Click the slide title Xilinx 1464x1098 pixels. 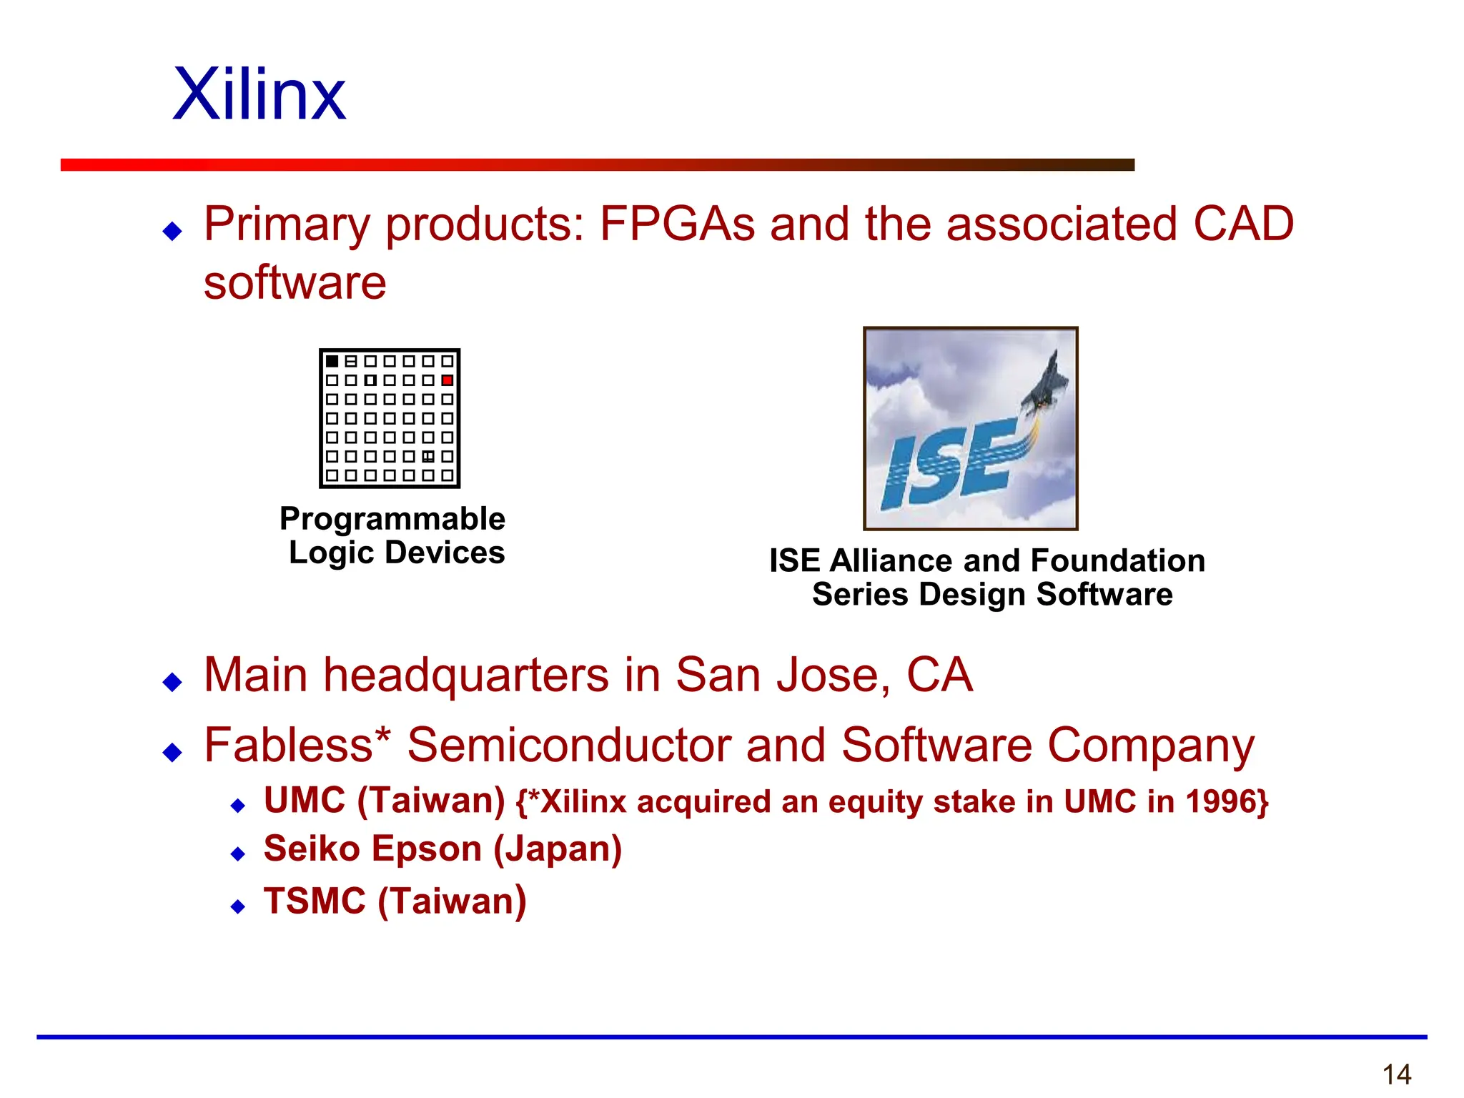(259, 95)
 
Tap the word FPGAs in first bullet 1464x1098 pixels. (677, 224)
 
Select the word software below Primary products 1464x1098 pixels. (295, 283)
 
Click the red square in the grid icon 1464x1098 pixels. (447, 380)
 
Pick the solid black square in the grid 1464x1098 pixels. (332, 362)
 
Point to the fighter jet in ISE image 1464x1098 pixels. (1046, 386)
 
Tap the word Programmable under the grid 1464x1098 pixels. (392, 520)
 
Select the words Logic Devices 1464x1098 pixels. (397, 553)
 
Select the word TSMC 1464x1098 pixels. (315, 901)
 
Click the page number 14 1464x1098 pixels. (1396, 1074)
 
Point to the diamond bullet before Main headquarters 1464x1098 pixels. (172, 682)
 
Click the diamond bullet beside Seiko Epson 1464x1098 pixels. (238, 854)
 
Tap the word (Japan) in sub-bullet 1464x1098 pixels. (558, 849)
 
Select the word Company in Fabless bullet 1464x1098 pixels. (1150, 745)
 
